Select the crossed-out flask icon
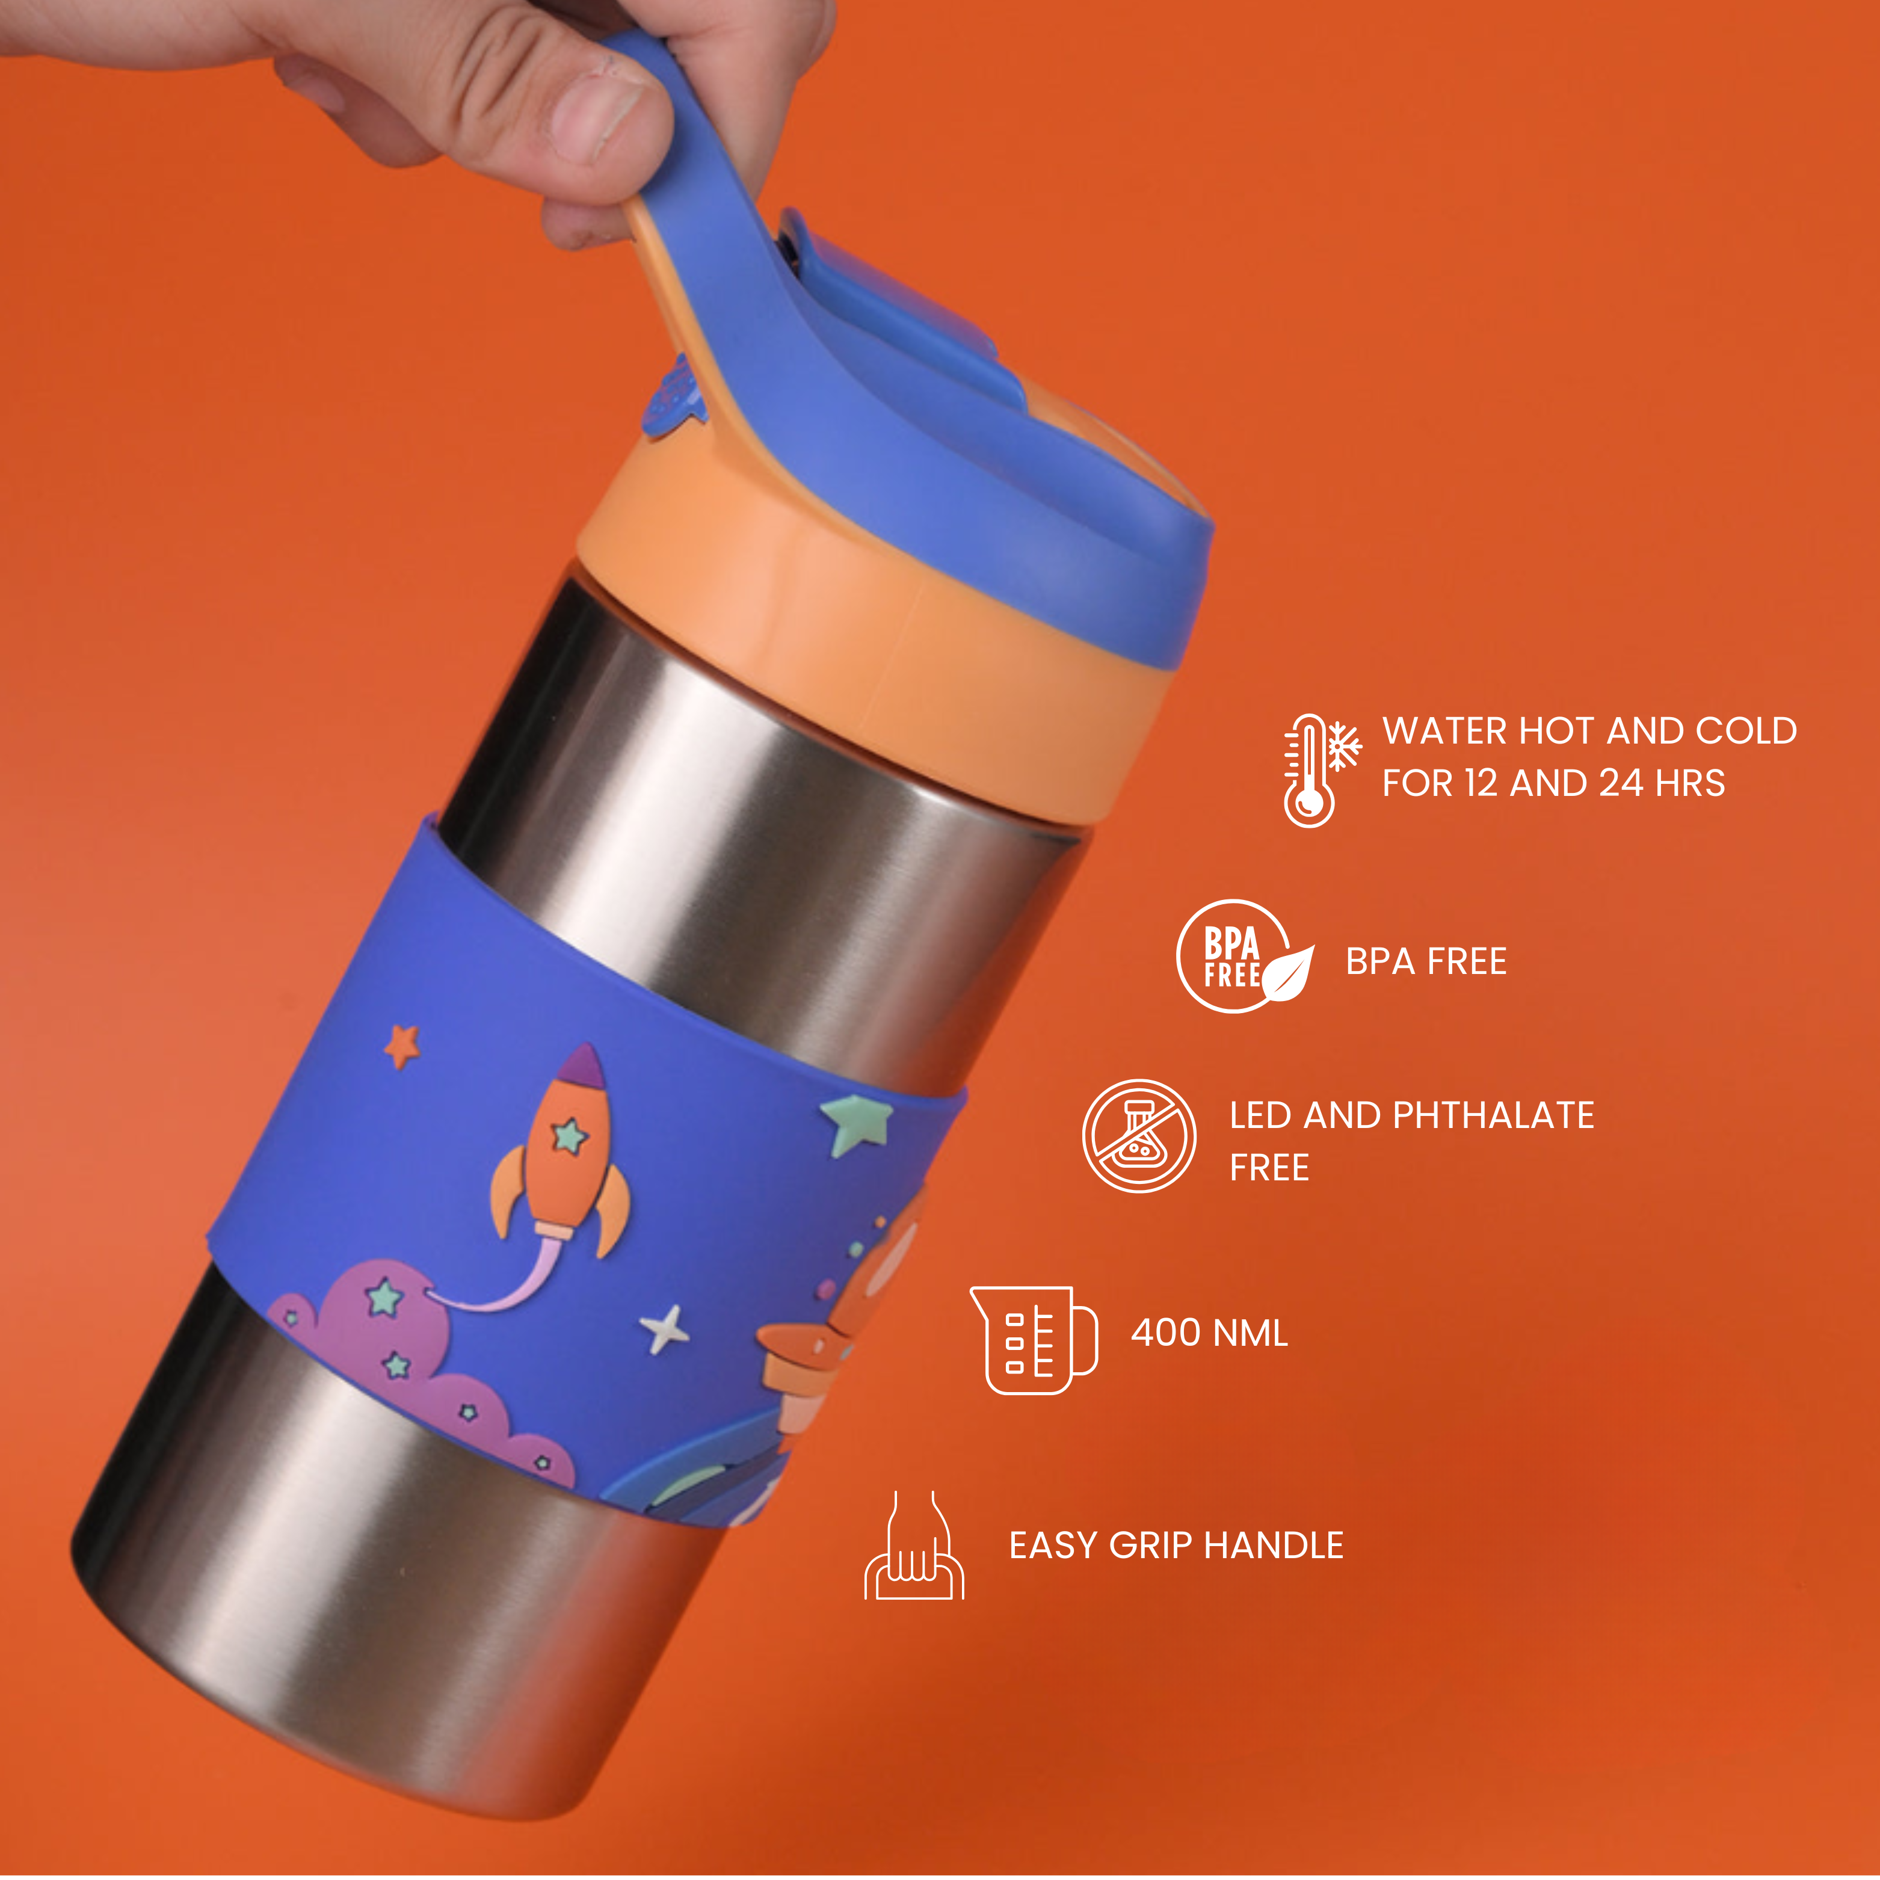pos(1139,1136)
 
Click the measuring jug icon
pos(1034,1340)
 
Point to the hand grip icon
pos(914,1546)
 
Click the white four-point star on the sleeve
pos(665,1328)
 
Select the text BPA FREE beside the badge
pos(1426,961)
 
